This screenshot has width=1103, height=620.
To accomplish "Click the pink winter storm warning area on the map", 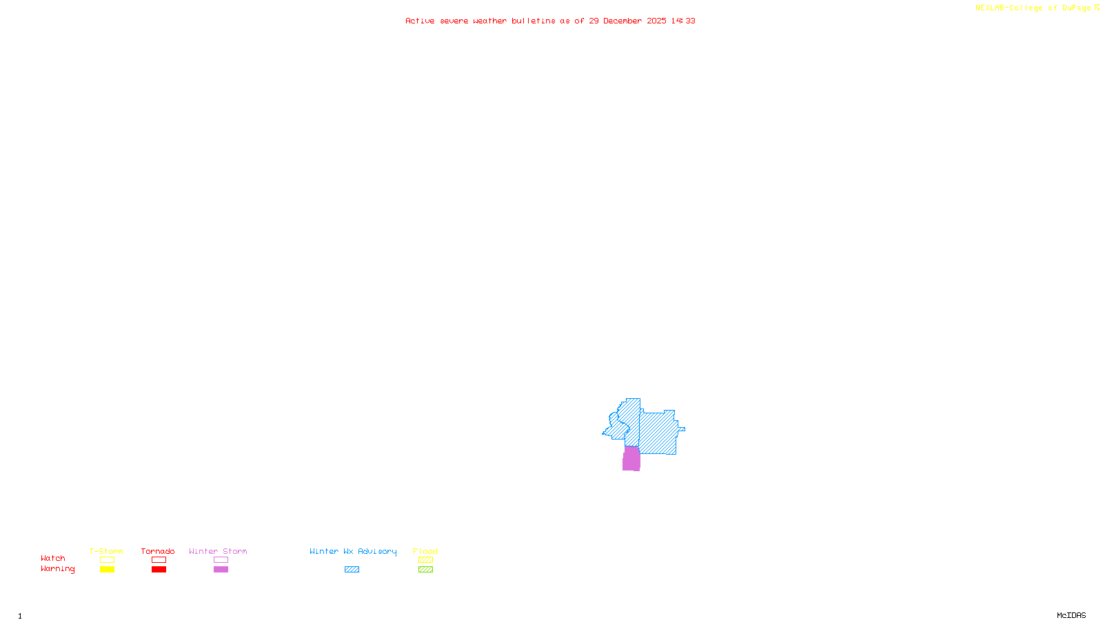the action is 631,459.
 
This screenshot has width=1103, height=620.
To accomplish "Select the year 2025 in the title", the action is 656,21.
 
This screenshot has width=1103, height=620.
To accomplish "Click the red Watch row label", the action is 53,559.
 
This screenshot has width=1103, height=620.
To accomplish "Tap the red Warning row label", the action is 58,569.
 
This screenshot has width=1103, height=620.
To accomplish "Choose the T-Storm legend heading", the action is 106,552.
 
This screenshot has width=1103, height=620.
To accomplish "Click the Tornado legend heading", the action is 158,552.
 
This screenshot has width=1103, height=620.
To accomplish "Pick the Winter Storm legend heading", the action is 218,552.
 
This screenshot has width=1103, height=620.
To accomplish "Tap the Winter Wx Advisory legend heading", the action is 353,552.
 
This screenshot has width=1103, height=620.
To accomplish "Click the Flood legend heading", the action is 425,552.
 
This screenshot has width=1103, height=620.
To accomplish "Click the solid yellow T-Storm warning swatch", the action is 107,570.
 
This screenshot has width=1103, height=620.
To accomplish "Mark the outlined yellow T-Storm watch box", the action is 107,560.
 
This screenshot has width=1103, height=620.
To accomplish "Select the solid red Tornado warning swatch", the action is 159,570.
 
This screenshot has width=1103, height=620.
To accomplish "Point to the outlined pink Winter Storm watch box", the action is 221,560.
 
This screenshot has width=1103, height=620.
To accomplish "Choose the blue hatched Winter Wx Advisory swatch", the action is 352,570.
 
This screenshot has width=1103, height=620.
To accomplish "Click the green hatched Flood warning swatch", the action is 425,570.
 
